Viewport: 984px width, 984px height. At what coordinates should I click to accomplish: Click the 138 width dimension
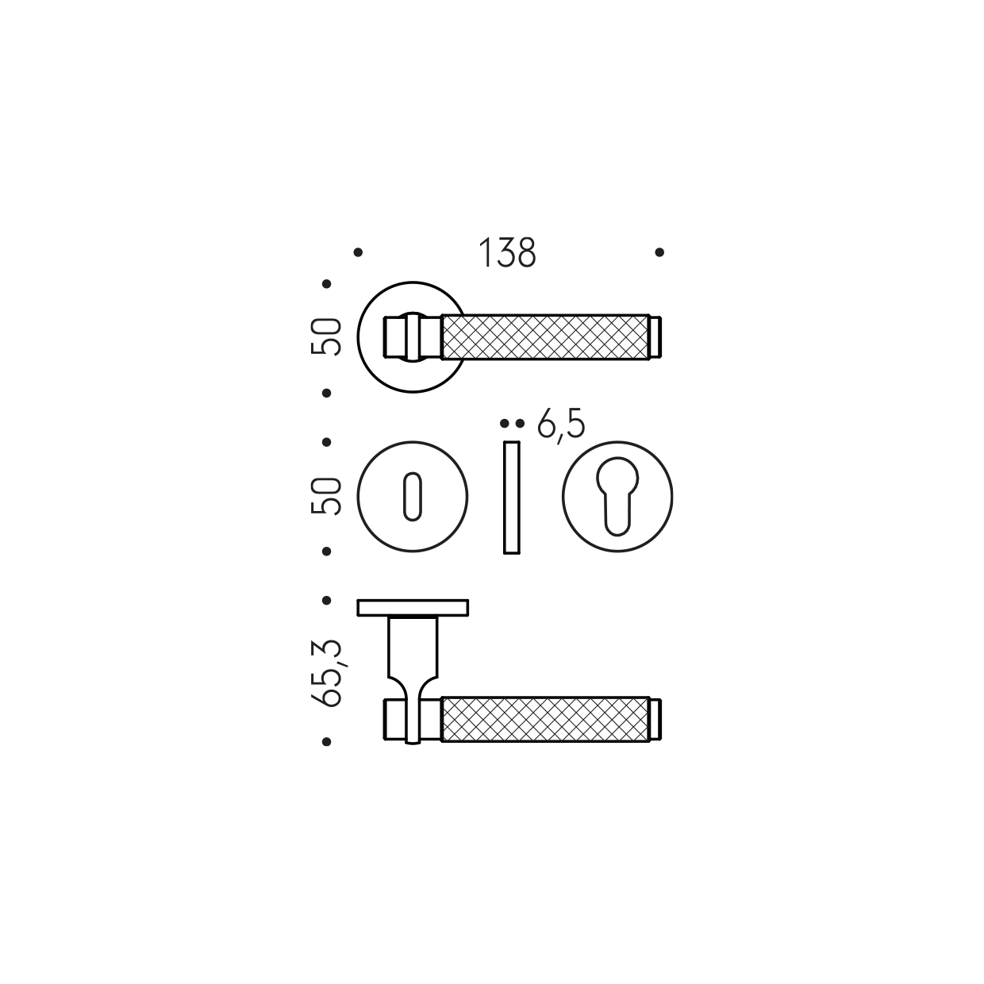click(x=507, y=252)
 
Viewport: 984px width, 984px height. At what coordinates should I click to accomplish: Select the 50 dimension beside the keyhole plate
click(x=326, y=496)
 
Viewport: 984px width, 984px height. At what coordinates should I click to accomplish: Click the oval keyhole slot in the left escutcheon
click(x=413, y=497)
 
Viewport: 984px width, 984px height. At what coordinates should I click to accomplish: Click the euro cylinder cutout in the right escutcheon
click(x=617, y=496)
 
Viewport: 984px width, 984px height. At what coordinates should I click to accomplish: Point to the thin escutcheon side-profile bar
click(x=512, y=498)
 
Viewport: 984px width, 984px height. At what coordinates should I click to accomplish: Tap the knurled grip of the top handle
click(x=545, y=337)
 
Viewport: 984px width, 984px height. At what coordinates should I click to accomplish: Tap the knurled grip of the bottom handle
click(x=545, y=719)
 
